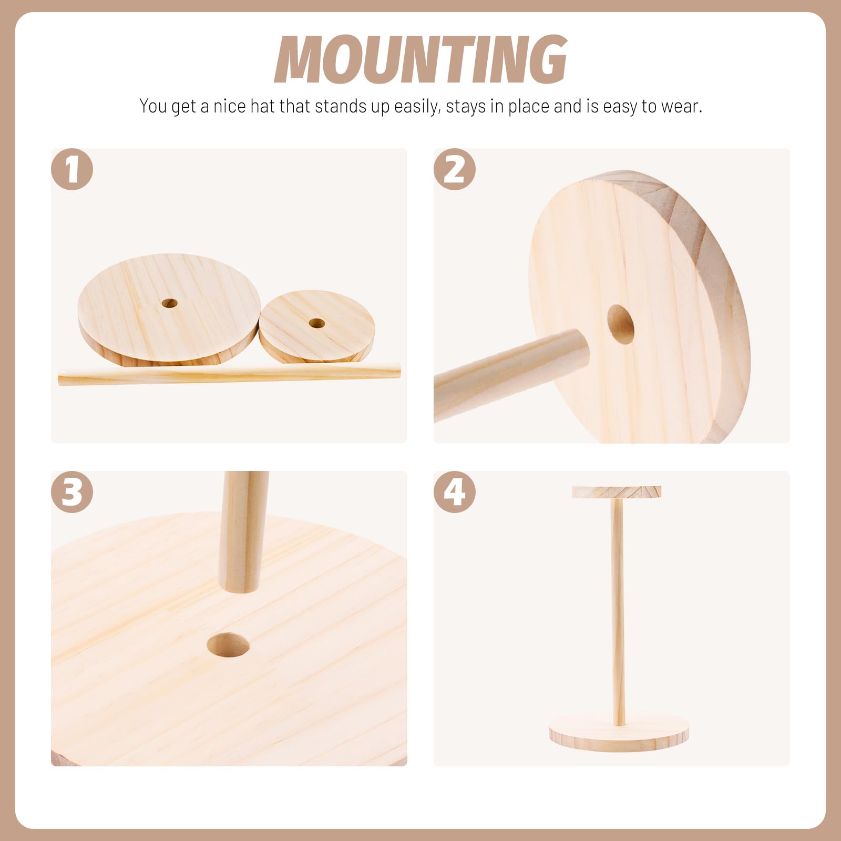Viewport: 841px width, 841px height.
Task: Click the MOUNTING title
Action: [420, 59]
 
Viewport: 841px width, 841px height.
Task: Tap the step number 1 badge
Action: [72, 170]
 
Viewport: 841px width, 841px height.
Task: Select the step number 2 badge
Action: [455, 170]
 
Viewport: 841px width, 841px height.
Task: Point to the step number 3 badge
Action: [72, 492]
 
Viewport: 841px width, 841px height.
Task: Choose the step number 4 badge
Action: [455, 492]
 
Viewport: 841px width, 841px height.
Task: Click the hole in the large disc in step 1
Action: [169, 303]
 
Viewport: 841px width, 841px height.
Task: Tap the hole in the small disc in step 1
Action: [316, 323]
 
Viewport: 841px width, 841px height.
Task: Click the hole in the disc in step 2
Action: [621, 324]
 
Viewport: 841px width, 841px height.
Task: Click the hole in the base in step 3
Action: [228, 645]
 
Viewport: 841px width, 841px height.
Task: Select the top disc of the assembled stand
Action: [617, 493]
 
